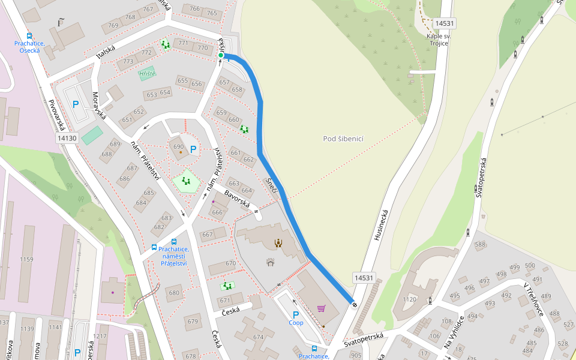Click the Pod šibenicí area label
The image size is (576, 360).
(x=343, y=139)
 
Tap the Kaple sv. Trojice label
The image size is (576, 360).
(x=439, y=40)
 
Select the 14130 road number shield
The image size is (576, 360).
(x=67, y=138)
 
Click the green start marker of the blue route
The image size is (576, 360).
(x=221, y=56)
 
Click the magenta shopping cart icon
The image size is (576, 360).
(x=322, y=308)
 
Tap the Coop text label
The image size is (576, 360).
(x=296, y=322)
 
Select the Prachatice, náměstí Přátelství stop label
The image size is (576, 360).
(x=173, y=256)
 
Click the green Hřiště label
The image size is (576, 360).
(x=147, y=73)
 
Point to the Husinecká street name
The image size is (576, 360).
(x=381, y=224)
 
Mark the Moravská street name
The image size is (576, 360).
(x=98, y=105)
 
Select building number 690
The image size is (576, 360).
(x=178, y=147)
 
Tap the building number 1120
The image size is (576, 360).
(x=409, y=299)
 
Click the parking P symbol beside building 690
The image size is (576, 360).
(x=193, y=149)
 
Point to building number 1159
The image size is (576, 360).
(x=26, y=259)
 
